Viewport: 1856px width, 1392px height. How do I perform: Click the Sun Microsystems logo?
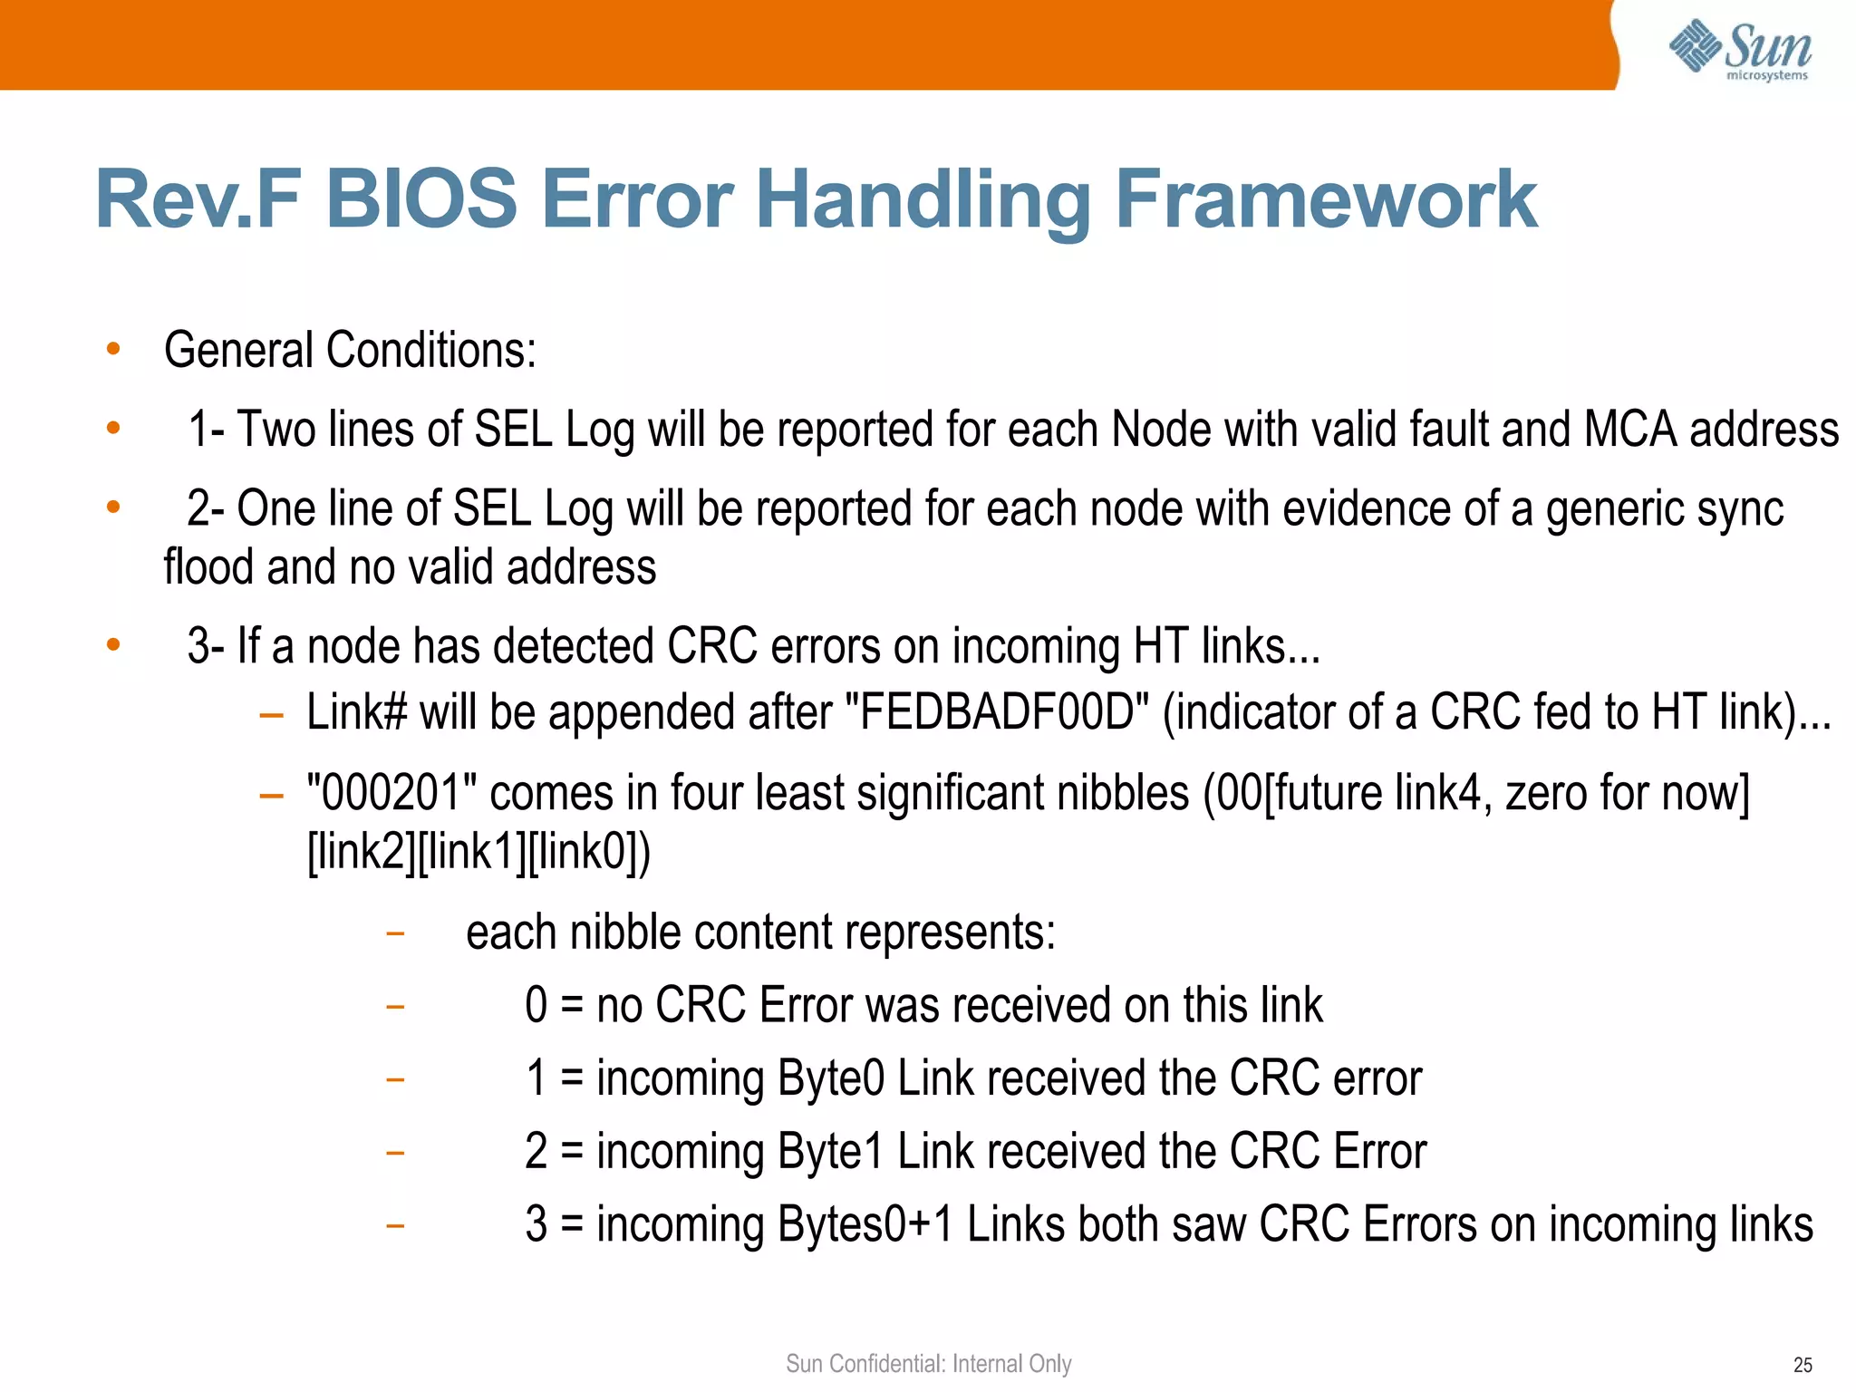pyautogui.click(x=1740, y=50)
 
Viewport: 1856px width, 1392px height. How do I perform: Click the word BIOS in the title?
pyautogui.click(x=420, y=199)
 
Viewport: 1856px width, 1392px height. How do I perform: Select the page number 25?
pyautogui.click(x=1803, y=1365)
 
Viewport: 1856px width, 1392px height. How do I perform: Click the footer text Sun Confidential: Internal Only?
pyautogui.click(x=928, y=1363)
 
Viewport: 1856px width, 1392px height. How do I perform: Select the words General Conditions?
pyautogui.click(x=350, y=351)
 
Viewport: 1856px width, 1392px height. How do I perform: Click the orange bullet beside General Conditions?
pyautogui.click(x=113, y=349)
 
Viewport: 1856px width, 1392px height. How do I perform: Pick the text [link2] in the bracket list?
pyautogui.click(x=361, y=852)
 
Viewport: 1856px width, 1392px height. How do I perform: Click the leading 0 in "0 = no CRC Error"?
pyautogui.click(x=536, y=1006)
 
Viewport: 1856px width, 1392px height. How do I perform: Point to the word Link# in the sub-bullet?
pyautogui.click(x=356, y=712)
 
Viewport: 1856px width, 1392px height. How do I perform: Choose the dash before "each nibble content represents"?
pyautogui.click(x=394, y=933)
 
